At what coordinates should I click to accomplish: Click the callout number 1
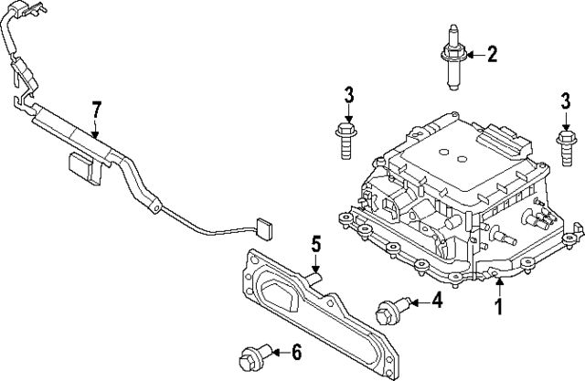click(x=499, y=308)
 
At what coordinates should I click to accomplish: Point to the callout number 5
click(x=315, y=244)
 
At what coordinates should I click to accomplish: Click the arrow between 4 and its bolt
click(x=416, y=301)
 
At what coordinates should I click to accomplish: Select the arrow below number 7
click(x=96, y=129)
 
